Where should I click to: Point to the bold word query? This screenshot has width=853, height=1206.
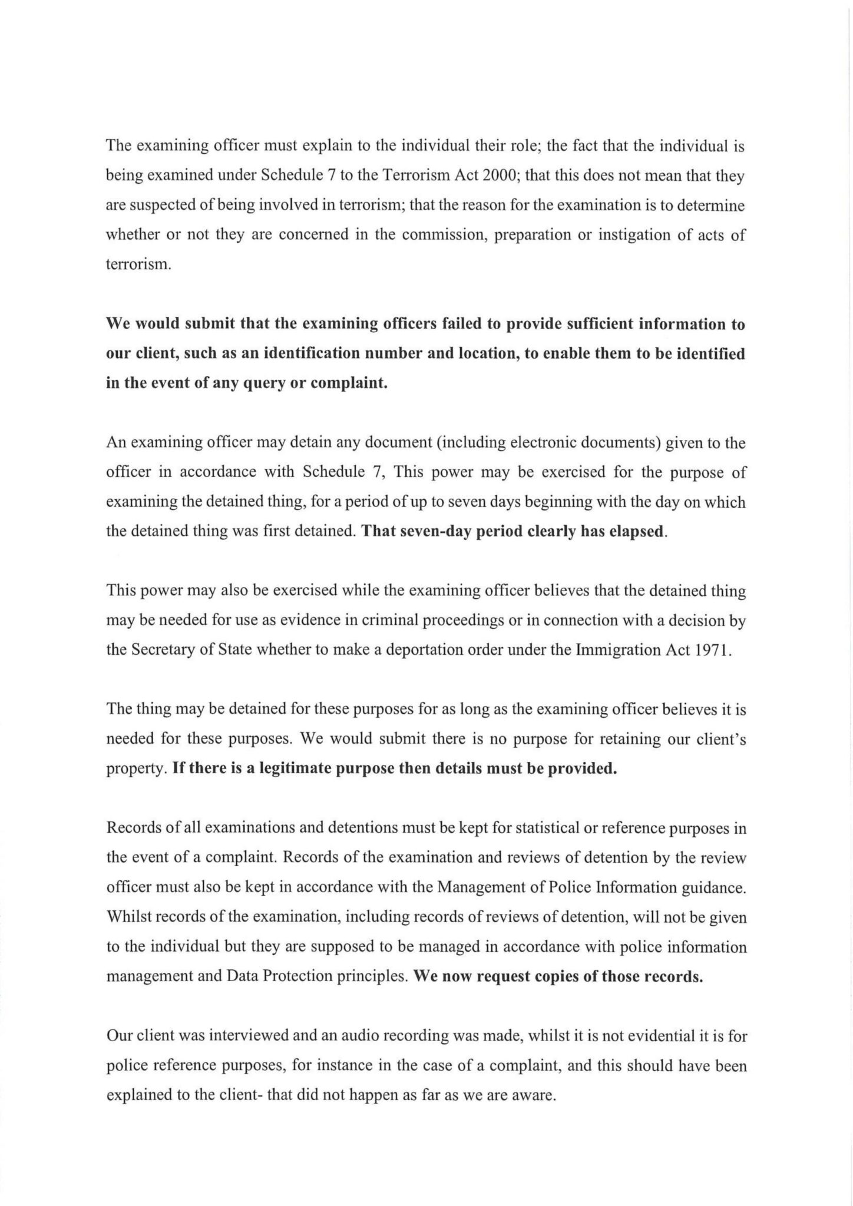coord(264,383)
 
